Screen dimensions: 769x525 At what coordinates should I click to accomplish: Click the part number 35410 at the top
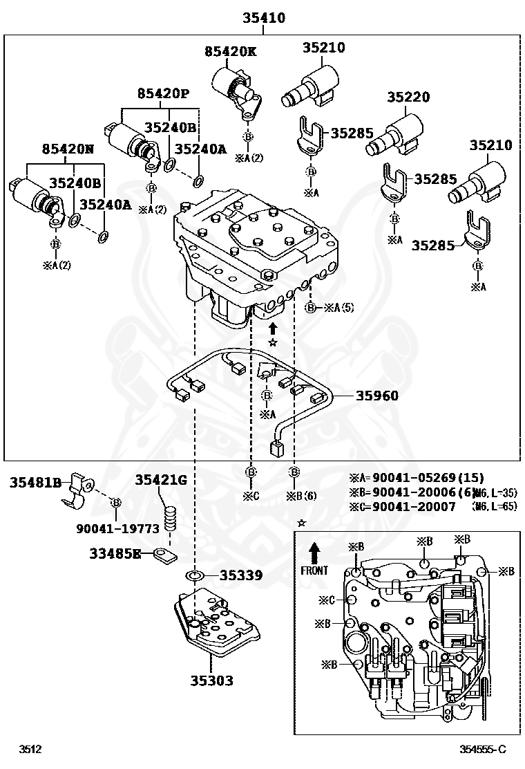pos(263,18)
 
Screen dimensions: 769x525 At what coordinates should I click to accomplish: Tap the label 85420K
pos(231,51)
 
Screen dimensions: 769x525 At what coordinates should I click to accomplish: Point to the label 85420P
pos(162,93)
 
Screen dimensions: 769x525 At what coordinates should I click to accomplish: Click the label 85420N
pos(67,149)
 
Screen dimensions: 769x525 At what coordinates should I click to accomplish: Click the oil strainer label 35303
pos(212,680)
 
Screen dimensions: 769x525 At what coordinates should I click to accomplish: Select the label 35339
pos(242,575)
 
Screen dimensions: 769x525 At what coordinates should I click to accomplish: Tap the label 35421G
pos(160,480)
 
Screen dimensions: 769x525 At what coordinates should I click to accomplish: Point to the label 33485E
pos(115,553)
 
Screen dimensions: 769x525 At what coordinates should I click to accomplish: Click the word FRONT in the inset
pos(314,571)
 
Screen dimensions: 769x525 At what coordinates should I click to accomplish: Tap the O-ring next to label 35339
pos(194,575)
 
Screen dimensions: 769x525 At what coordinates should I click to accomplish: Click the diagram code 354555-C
pos(484,749)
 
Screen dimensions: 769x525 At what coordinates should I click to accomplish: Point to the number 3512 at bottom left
pos(30,749)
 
